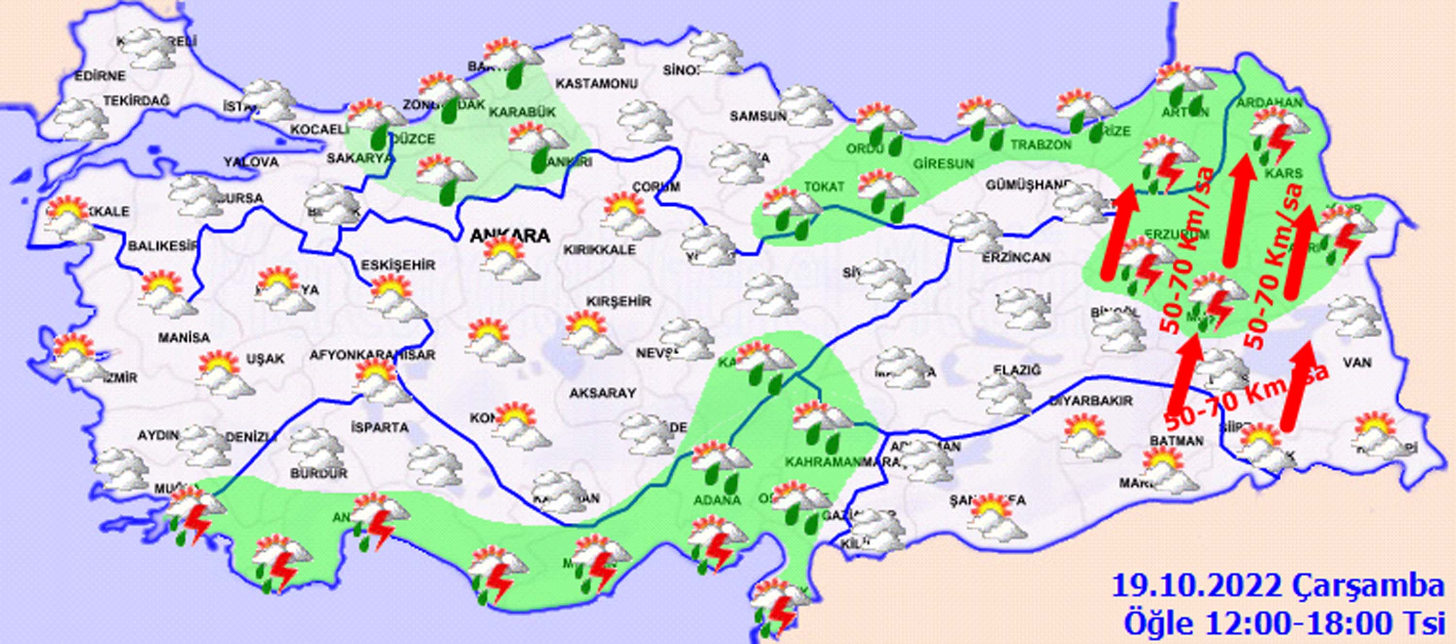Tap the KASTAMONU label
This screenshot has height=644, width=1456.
click(x=596, y=83)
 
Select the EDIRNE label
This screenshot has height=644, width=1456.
click(x=100, y=76)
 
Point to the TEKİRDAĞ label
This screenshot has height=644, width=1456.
click(x=136, y=100)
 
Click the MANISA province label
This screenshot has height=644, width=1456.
click(x=183, y=338)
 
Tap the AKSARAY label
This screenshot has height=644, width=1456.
click(x=602, y=393)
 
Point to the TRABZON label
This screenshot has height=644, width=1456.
click(x=1041, y=145)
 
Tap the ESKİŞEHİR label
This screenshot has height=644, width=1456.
click(x=398, y=264)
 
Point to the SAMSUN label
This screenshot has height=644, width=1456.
click(x=758, y=116)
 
